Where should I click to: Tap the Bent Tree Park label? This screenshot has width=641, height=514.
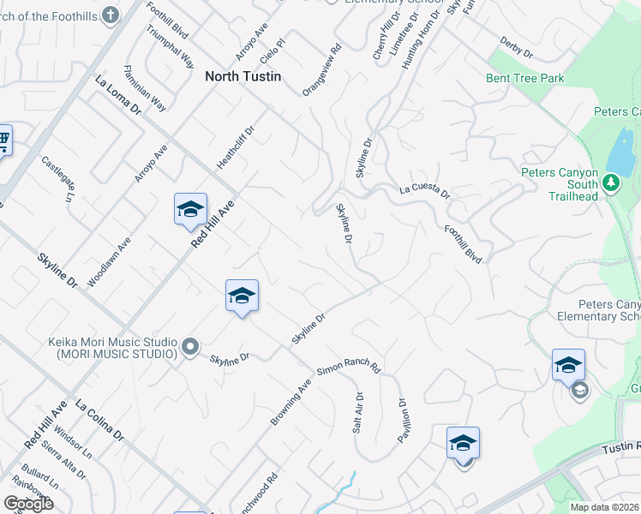click(524, 78)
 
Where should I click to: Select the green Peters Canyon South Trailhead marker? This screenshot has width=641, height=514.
click(610, 182)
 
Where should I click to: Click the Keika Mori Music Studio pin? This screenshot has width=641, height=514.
click(190, 348)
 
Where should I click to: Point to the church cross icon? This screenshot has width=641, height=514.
click(110, 15)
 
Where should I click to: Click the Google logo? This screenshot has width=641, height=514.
click(27, 504)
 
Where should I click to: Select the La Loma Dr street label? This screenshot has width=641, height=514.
click(118, 95)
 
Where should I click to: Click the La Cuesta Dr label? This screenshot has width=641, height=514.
click(424, 190)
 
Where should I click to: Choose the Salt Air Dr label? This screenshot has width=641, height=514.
click(358, 412)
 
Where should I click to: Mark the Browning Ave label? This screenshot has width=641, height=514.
click(291, 402)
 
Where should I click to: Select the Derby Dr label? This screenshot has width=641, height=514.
click(516, 48)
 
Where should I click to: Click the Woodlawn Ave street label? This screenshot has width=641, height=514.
click(110, 260)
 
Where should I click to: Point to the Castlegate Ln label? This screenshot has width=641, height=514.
click(58, 178)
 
